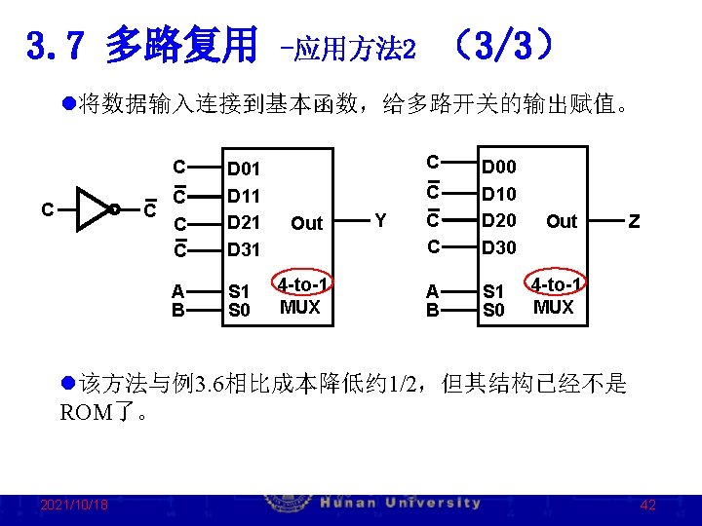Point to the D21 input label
pyautogui.click(x=244, y=223)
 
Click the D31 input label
pyautogui.click(x=244, y=249)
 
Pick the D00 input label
pyautogui.click(x=499, y=169)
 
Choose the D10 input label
pyautogui.click(x=499, y=195)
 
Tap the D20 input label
pyautogui.click(x=499, y=220)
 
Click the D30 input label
pyautogui.click(x=499, y=247)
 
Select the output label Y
pyautogui.click(x=380, y=221)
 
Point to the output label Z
pyautogui.click(x=635, y=221)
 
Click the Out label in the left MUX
pyautogui.click(x=306, y=223)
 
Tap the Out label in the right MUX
pyautogui.click(x=562, y=221)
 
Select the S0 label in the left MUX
pyautogui.click(x=238, y=310)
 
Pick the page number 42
pyautogui.click(x=647, y=505)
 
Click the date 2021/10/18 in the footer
pyautogui.click(x=74, y=505)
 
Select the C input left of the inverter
pyautogui.click(x=46, y=208)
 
